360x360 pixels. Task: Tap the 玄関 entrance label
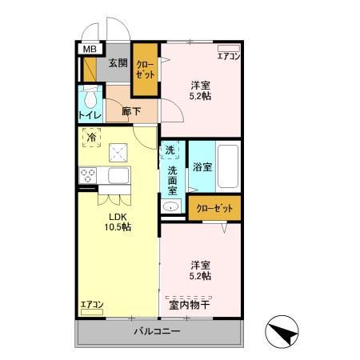[118, 63]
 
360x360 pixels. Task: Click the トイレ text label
[90, 115]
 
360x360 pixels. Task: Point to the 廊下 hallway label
[131, 111]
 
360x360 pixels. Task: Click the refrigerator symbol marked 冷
[91, 138]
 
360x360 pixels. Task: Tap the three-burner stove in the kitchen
[88, 175]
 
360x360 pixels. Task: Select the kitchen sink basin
[118, 175]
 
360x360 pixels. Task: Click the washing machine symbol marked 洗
[170, 150]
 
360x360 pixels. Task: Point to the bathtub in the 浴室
[228, 166]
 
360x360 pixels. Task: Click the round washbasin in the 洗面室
[170, 206]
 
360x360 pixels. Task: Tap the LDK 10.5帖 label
[118, 222]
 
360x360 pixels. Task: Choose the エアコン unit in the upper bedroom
[229, 48]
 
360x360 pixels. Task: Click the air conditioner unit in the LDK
[92, 312]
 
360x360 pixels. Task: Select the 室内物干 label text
[190, 305]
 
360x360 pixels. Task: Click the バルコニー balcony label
[157, 331]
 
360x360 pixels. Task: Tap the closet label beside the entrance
[146, 70]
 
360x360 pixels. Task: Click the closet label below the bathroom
[214, 208]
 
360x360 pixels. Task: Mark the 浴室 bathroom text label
[202, 167]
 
